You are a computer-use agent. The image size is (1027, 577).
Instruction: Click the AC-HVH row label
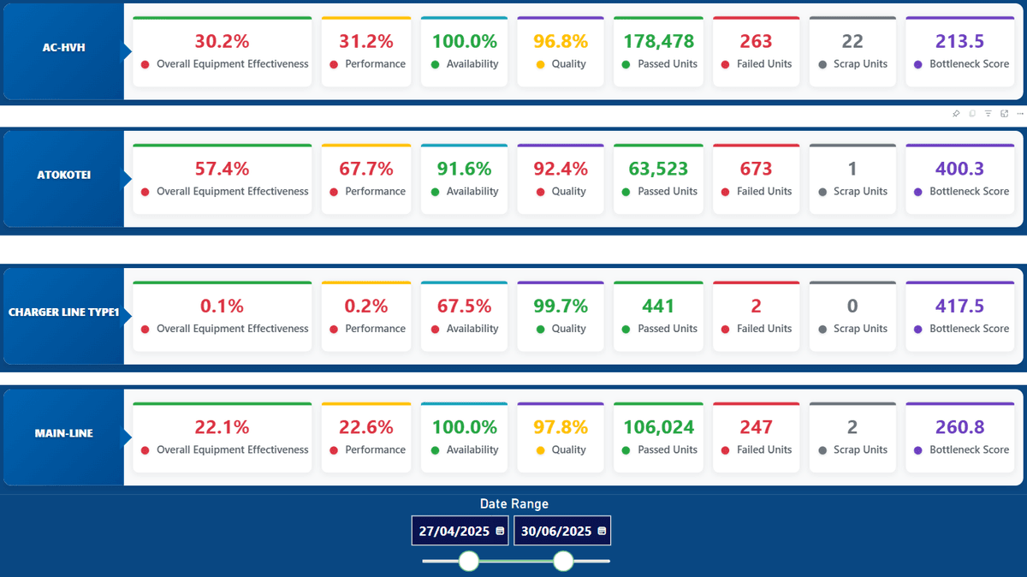tap(63, 48)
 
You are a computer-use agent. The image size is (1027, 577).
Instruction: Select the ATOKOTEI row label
tap(63, 175)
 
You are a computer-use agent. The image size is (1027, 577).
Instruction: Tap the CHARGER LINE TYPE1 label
tap(63, 312)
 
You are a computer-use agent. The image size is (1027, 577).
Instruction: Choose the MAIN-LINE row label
tap(63, 433)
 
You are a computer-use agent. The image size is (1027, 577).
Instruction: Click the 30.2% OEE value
tap(222, 41)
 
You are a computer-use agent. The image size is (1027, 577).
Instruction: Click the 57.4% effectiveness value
tap(222, 169)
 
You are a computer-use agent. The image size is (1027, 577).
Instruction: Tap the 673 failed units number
tap(756, 169)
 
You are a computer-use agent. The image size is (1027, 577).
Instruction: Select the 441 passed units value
tap(658, 306)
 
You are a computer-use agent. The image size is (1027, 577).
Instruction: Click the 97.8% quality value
tap(561, 426)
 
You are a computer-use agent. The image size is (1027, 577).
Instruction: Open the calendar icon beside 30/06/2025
tap(602, 531)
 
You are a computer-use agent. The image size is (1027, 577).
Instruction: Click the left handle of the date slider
tap(468, 561)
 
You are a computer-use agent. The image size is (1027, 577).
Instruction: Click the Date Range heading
tap(513, 503)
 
